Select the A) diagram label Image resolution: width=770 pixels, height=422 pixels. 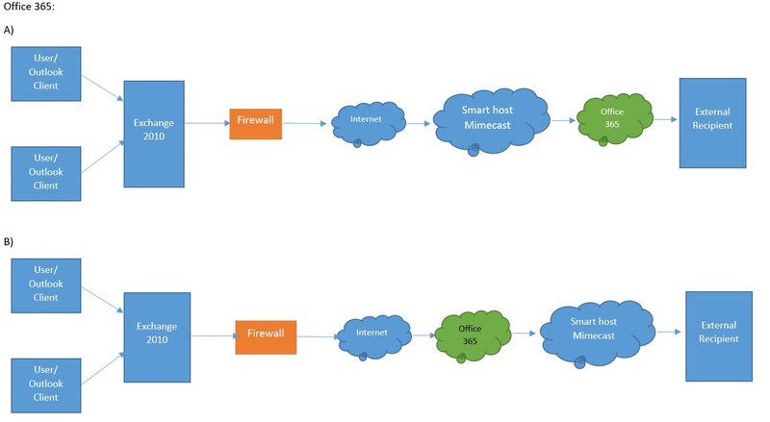(x=10, y=31)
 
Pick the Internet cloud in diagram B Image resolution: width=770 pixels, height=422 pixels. (x=372, y=333)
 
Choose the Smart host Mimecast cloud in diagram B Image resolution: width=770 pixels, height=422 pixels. (x=593, y=333)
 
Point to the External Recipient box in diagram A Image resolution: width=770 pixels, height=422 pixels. (x=712, y=119)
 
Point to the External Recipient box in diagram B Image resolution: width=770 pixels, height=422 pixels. (x=719, y=333)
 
